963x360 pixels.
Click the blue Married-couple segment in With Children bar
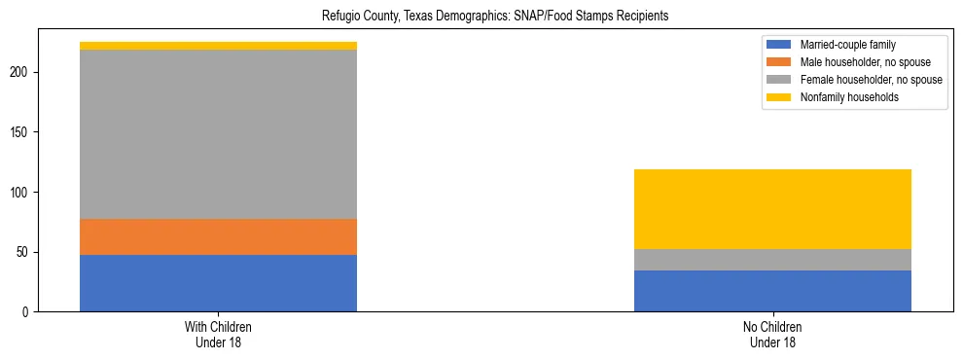point(218,283)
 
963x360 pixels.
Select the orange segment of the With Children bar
point(218,236)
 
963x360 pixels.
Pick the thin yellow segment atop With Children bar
point(218,46)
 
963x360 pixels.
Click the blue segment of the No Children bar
point(772,291)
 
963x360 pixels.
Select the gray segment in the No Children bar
point(772,260)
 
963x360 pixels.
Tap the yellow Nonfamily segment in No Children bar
point(772,209)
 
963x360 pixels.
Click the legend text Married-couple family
point(846,45)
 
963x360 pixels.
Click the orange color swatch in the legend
point(779,62)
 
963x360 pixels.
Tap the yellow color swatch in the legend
point(779,97)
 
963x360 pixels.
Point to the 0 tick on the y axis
point(30,312)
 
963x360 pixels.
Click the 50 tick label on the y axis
point(27,252)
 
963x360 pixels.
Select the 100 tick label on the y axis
point(24,193)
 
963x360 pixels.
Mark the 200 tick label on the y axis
point(24,72)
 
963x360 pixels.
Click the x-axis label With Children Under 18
point(218,335)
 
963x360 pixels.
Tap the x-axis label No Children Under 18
point(772,335)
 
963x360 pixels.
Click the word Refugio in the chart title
point(339,17)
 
